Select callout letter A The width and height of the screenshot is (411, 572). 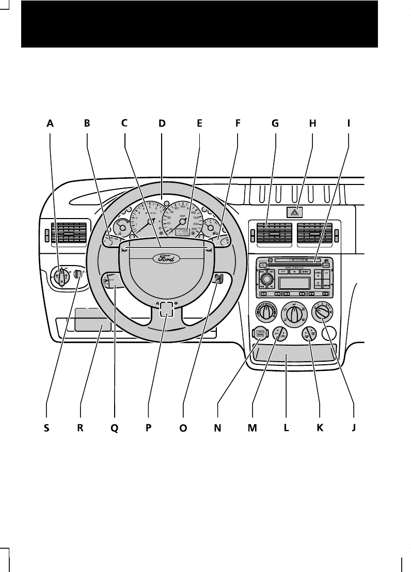pyautogui.click(x=50, y=123)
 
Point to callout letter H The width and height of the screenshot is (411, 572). pyautogui.click(x=312, y=123)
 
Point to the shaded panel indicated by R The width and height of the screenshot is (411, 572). pyautogui.click(x=93, y=320)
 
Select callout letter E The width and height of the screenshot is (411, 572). pyautogui.click(x=199, y=123)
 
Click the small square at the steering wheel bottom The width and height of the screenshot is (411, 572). pyautogui.click(x=166, y=308)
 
